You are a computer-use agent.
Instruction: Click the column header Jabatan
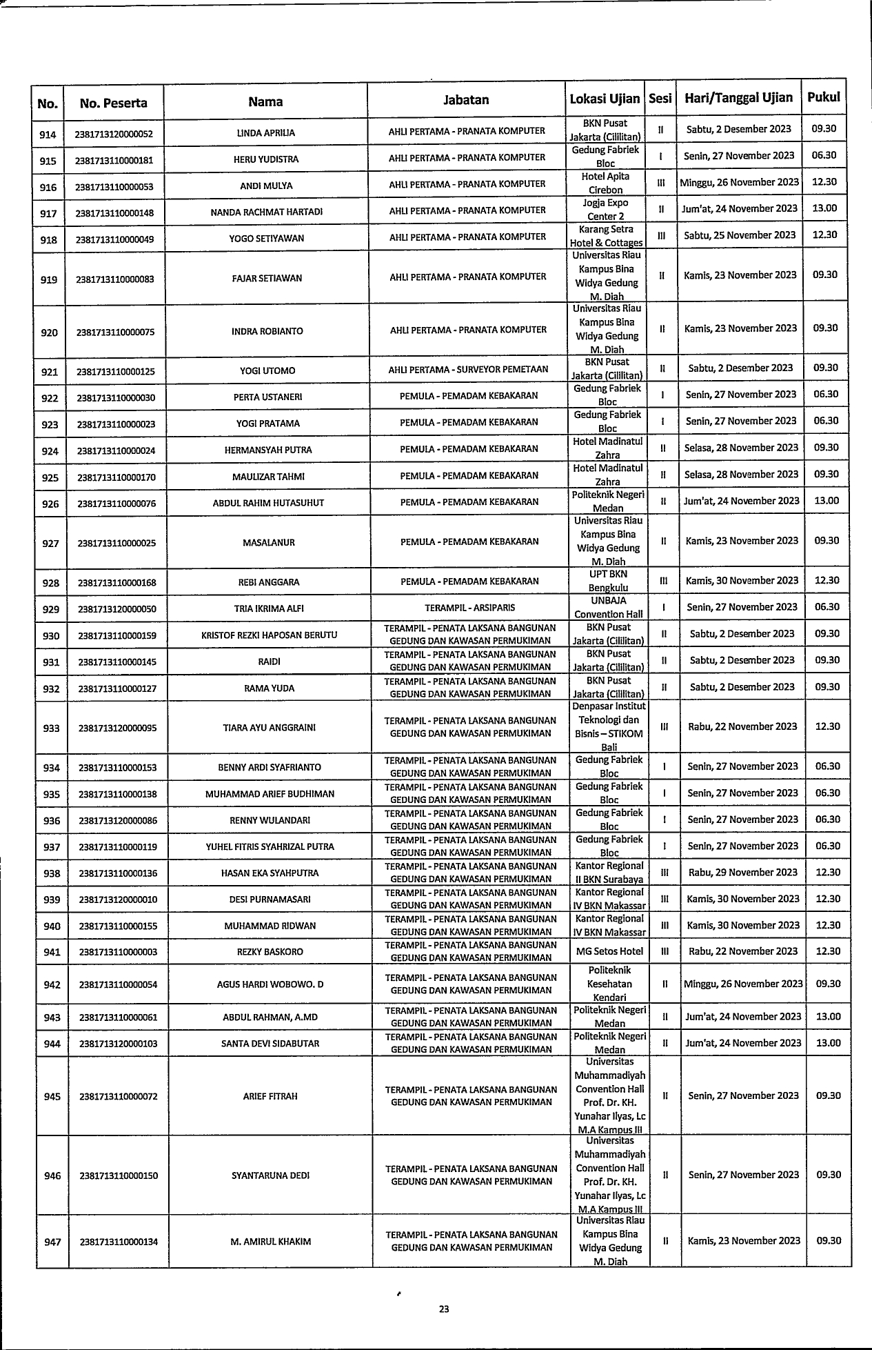466,100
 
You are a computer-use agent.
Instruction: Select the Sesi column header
660,99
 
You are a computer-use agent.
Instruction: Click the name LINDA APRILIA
265,132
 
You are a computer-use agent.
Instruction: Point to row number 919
49,279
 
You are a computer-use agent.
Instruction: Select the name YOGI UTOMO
267,370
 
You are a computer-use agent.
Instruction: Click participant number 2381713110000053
114,186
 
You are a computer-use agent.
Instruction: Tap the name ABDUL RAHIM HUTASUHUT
268,503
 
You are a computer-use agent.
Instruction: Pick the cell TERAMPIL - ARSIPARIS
469,608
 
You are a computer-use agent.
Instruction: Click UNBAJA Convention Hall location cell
608,608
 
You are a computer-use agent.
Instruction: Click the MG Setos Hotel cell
609,951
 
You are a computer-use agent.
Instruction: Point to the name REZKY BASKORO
270,952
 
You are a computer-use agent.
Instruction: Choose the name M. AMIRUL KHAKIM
270,1242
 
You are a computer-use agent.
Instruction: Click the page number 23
444,1309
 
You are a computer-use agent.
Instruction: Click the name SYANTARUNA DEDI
270,1175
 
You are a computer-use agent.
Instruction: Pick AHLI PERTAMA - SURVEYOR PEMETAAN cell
468,369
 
